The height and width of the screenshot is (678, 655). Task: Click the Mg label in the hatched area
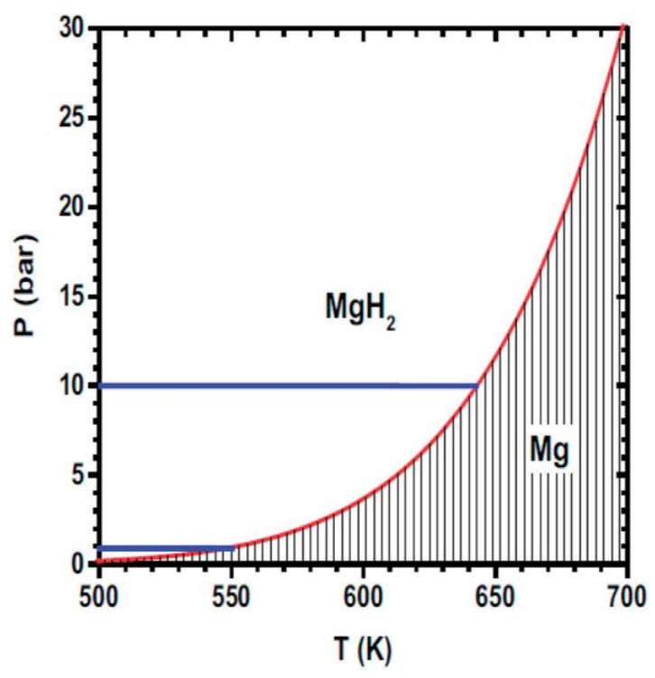[x=549, y=449]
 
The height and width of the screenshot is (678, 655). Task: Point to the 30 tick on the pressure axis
[x=72, y=29]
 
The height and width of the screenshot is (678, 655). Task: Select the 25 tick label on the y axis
[x=72, y=118]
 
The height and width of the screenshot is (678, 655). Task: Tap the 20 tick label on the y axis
[x=72, y=207]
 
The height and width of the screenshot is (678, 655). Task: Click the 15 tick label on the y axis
[x=72, y=297]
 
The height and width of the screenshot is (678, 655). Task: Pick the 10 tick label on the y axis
[x=72, y=386]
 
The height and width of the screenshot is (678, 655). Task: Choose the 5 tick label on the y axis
[x=78, y=475]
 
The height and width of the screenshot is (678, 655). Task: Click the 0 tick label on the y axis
[x=78, y=564]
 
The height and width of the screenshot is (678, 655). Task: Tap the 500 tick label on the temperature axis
[x=99, y=596]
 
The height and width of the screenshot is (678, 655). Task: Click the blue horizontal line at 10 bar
[x=289, y=386]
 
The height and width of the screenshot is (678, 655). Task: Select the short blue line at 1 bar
[x=167, y=548]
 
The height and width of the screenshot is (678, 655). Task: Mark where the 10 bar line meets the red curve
[x=478, y=386]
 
